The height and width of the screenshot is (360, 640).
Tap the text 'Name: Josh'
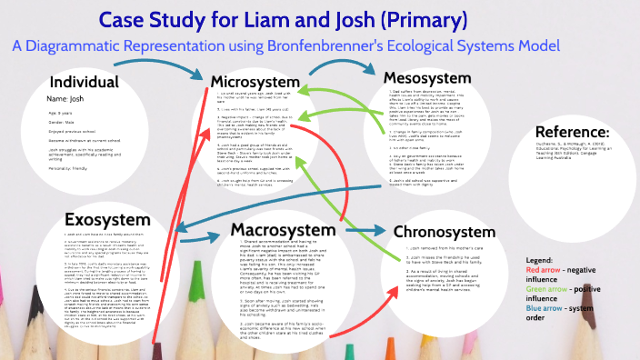point(69,97)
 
